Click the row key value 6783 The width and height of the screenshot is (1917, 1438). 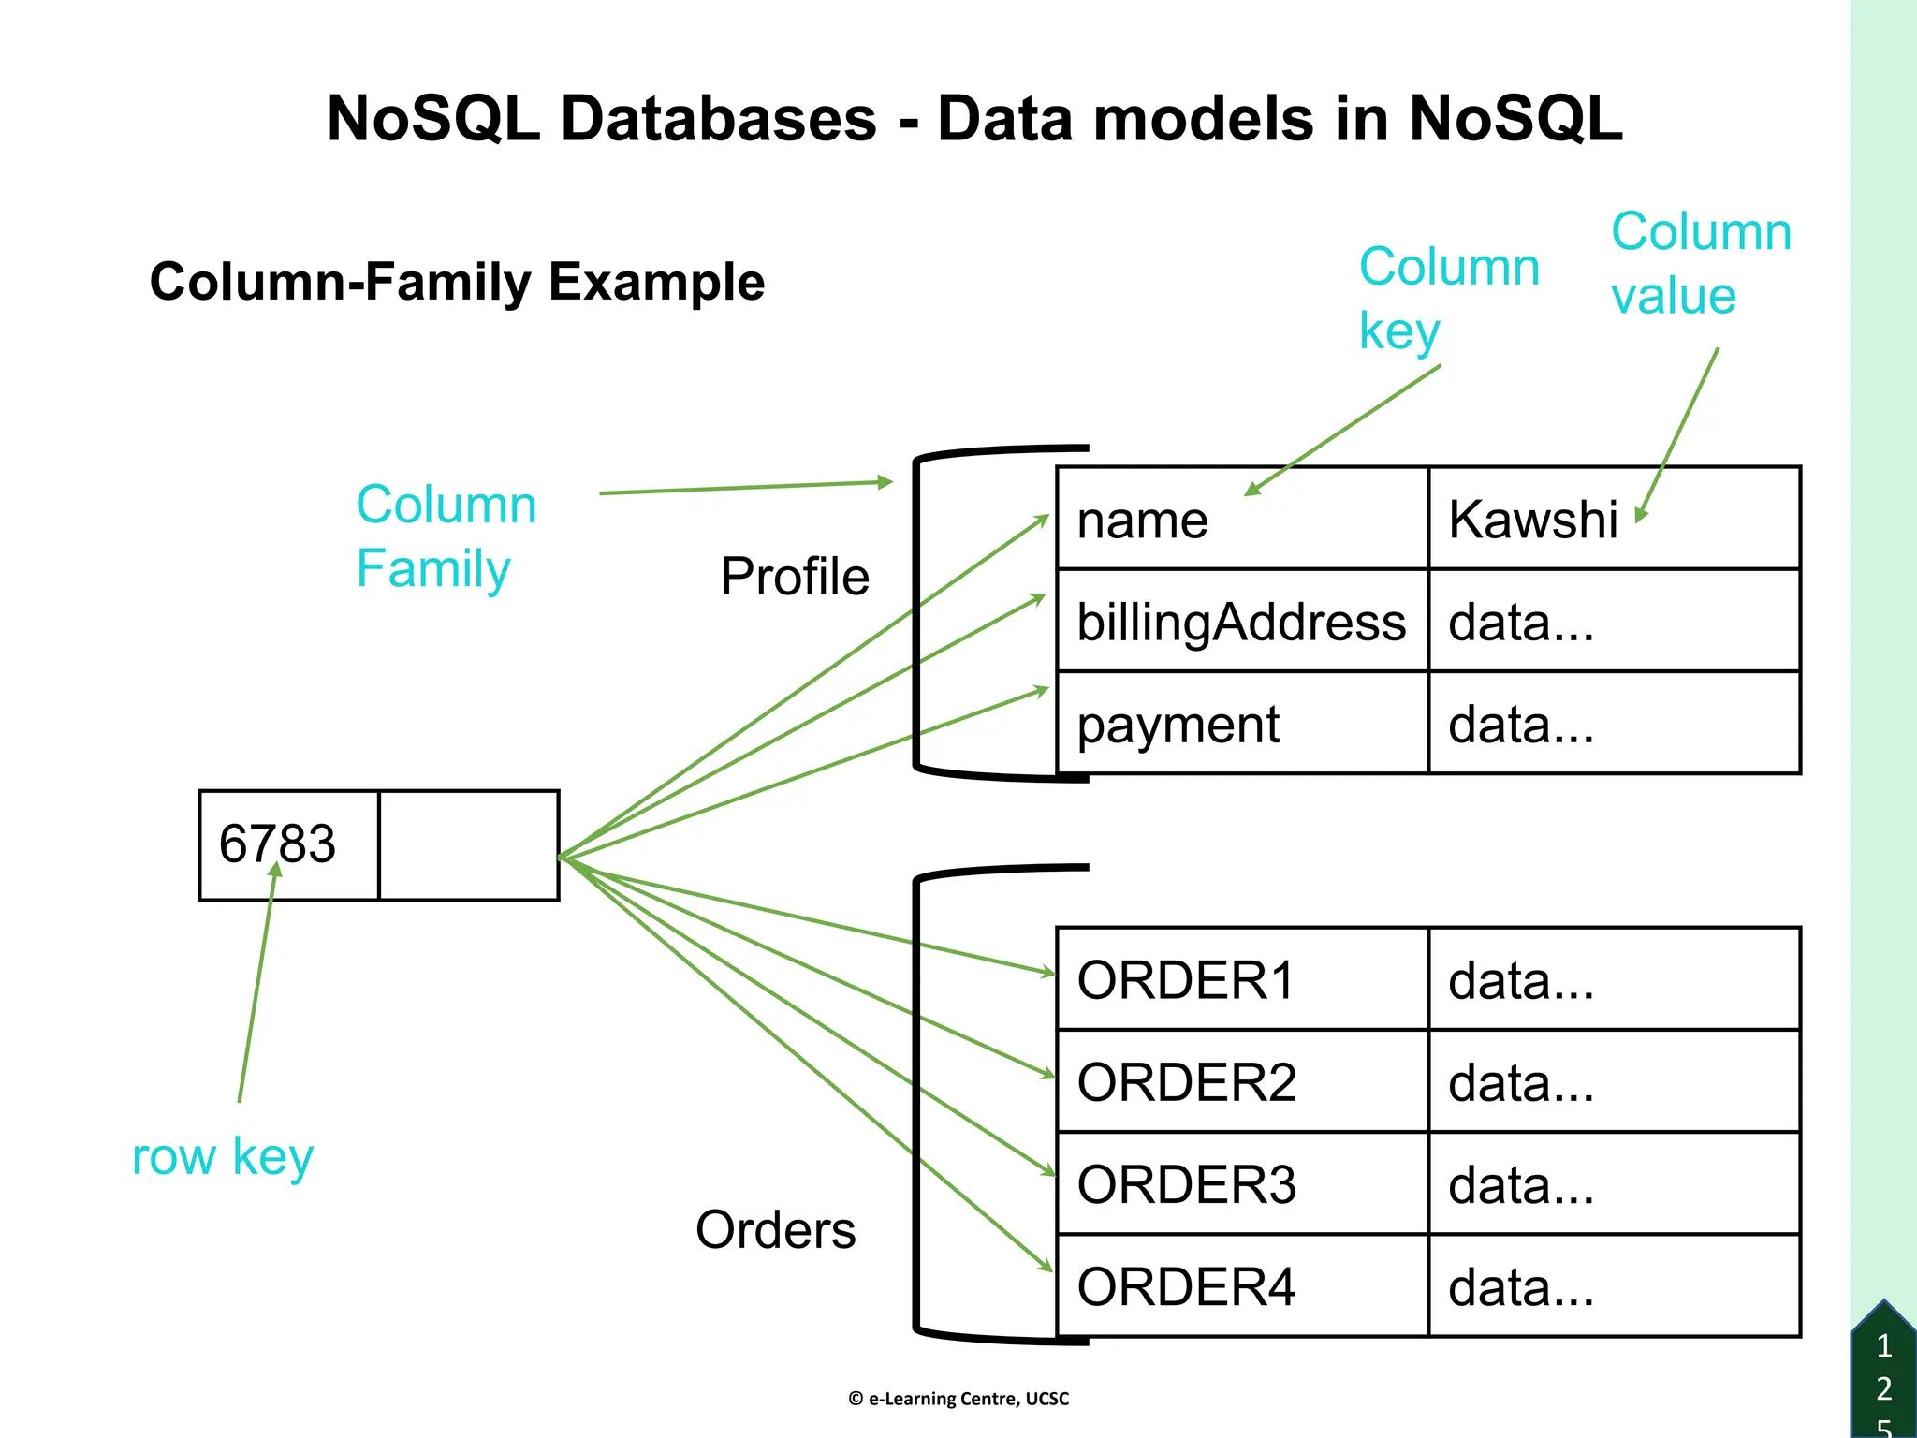click(x=278, y=844)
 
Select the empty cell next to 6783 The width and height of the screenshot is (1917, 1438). click(x=469, y=845)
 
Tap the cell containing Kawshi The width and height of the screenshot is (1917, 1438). click(x=1614, y=519)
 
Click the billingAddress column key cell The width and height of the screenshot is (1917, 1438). click(x=1241, y=622)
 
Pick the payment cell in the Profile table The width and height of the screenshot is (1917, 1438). click(x=1241, y=724)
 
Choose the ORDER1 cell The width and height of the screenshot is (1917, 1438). click(x=1241, y=979)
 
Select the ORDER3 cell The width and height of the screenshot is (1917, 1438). click(x=1241, y=1183)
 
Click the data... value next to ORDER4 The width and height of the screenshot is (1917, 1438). click(x=1614, y=1286)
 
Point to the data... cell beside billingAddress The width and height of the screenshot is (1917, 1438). click(x=1614, y=622)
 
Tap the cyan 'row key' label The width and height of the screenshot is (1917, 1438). click(x=223, y=1156)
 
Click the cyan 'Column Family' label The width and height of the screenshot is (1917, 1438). click(x=446, y=536)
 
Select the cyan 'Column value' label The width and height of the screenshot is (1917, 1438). click(x=1700, y=263)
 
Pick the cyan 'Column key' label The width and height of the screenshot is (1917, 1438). click(x=1448, y=298)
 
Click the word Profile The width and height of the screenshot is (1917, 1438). click(x=795, y=576)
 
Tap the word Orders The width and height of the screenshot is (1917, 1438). click(x=775, y=1229)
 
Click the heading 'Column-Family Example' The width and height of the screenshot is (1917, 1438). click(x=457, y=282)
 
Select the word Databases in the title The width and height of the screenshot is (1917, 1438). click(x=718, y=119)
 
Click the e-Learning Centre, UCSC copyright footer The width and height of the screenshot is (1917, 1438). click(x=958, y=1399)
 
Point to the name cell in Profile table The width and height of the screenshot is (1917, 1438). click(x=1241, y=519)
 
